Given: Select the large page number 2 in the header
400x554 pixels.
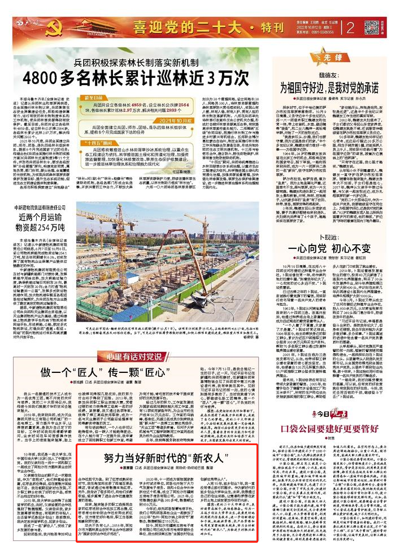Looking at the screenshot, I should click(x=350, y=27).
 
